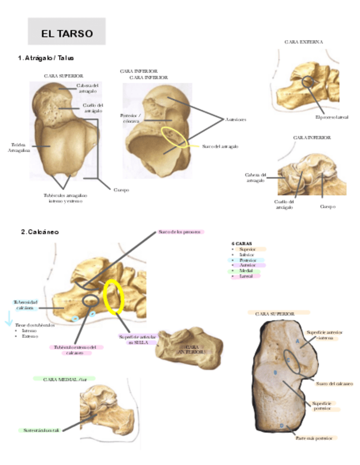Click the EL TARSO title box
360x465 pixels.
(x=67, y=33)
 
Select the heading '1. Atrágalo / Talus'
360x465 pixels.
(x=46, y=58)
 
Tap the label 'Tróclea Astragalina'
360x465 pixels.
(x=15, y=148)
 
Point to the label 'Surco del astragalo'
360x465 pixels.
(x=220, y=146)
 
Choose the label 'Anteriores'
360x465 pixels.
(x=235, y=119)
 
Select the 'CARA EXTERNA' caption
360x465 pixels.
(x=303, y=42)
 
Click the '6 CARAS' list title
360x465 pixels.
(x=242, y=242)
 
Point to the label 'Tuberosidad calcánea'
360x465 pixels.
(x=26, y=305)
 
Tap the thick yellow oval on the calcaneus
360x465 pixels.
(x=114, y=297)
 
